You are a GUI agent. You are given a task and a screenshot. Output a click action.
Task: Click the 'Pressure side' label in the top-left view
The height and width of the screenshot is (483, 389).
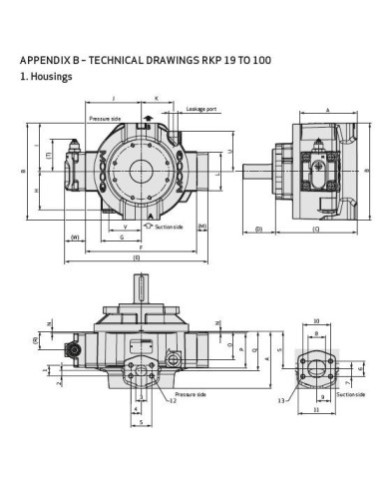[x=104, y=118]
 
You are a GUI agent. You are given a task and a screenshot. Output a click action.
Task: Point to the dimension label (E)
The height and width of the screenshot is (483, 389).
[x=137, y=256]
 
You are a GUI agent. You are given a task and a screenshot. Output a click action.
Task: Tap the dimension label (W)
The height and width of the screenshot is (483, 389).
[x=75, y=237]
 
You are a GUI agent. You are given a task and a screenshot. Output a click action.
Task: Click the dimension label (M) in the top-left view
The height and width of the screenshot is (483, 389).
[x=201, y=227]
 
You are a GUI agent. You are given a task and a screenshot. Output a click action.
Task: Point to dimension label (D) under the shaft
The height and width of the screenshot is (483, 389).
[x=258, y=230]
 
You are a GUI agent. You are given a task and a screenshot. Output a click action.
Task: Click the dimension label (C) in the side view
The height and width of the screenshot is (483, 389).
[x=315, y=230]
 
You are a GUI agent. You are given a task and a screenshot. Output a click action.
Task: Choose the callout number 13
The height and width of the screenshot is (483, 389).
[x=281, y=401]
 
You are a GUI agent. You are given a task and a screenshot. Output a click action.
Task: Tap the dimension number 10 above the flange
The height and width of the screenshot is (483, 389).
[x=315, y=321]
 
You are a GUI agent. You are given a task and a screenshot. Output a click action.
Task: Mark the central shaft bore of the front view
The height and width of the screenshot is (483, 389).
[x=148, y=168]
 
